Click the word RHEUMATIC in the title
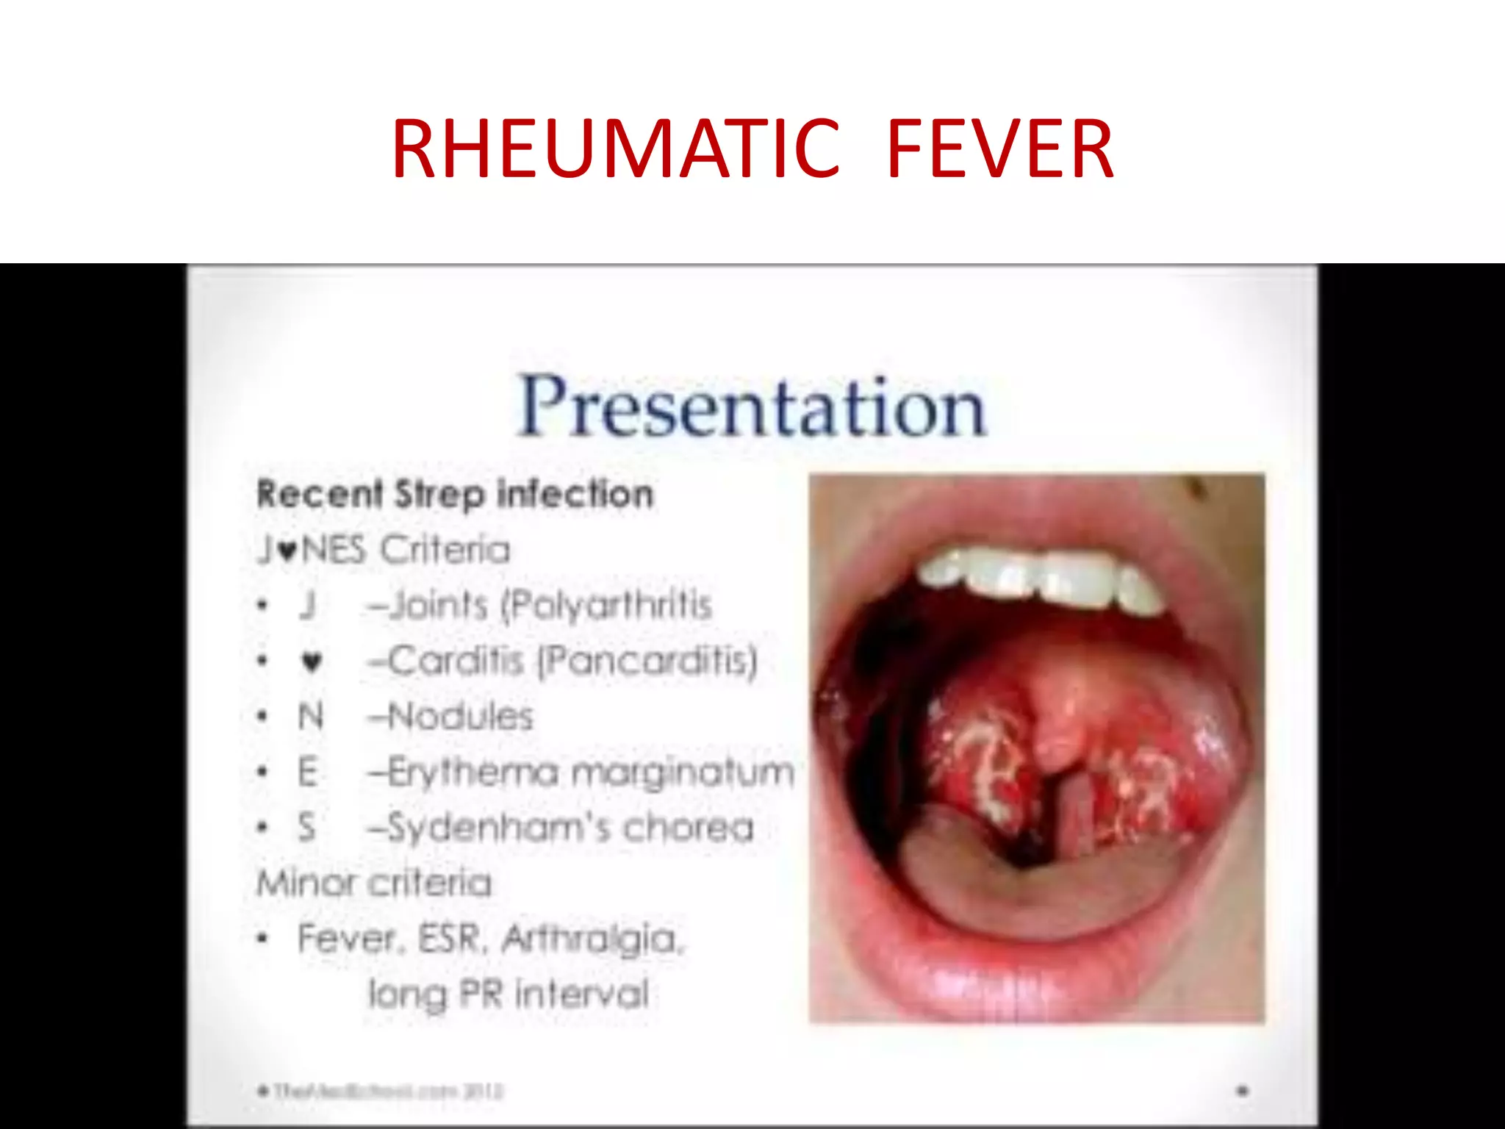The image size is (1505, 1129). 615,150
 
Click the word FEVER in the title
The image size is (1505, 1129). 1000,150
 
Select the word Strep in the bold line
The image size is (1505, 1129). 439,495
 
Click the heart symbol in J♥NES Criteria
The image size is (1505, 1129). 288,551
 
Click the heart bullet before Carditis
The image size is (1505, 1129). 312,662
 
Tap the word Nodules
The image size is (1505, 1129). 459,717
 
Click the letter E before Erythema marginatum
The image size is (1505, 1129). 308,773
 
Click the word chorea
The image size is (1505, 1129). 689,828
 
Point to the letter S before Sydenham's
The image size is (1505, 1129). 307,828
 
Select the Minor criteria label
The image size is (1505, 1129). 374,883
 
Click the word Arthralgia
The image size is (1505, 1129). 592,939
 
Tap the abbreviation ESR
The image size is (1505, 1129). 450,939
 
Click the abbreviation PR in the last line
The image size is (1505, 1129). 481,994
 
